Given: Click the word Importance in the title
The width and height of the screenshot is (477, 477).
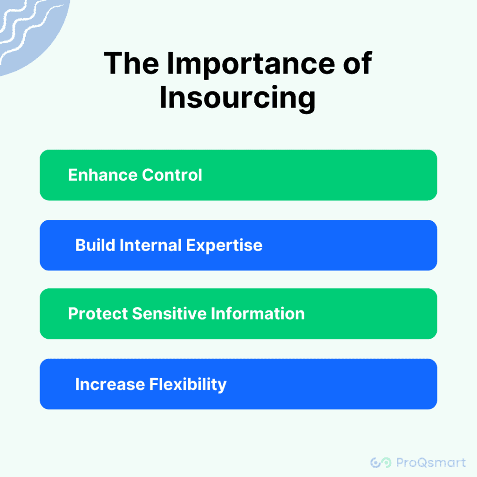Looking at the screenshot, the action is pos(251,65).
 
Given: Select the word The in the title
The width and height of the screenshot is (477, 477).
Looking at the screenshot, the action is pos(131,63).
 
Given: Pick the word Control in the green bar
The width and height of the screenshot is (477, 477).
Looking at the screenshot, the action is pos(172,175).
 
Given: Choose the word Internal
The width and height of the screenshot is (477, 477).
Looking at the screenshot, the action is pos(150,245).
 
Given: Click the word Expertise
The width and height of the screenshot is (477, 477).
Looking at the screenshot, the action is pos(224,246).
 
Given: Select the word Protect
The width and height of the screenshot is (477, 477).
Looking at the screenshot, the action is pos(98,313).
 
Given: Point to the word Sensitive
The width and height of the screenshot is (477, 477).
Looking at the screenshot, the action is pos(170,313).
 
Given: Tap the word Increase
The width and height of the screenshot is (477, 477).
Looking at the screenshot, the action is pos(110,384).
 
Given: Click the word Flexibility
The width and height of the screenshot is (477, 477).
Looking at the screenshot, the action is pos(188,385).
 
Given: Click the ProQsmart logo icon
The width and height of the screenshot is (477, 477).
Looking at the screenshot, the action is pos(381,463).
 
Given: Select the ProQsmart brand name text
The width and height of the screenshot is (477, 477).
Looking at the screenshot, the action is pos(431,463).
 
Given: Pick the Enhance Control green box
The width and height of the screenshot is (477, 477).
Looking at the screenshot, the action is pos(238,175).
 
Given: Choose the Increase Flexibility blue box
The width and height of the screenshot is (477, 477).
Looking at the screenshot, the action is pos(238,384).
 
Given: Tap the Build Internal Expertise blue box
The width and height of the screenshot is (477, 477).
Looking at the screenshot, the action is pos(238,245).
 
